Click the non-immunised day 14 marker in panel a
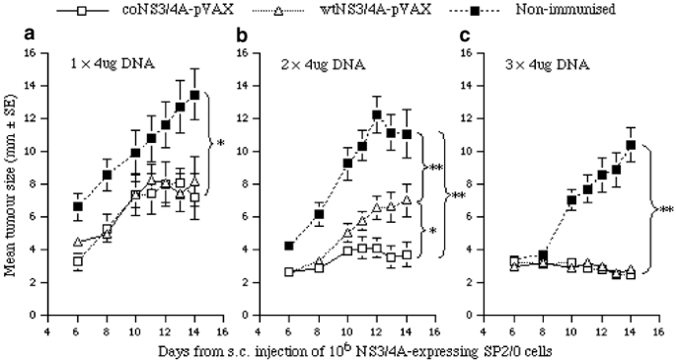(x=195, y=95)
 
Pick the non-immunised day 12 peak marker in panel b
(x=376, y=114)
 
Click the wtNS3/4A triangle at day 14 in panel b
(x=407, y=199)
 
